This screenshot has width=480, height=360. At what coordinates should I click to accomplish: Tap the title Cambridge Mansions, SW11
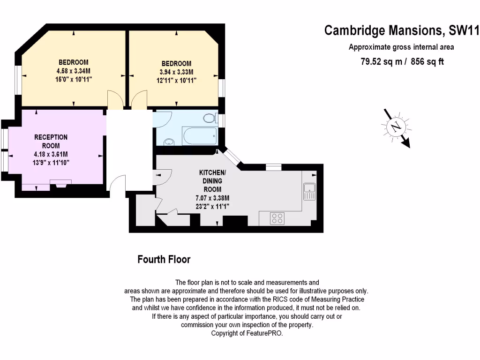click(402, 31)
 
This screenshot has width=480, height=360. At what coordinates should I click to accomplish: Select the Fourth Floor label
click(164, 259)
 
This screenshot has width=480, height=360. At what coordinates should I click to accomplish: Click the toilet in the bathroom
click(209, 119)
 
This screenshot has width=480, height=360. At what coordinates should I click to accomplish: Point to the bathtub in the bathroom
click(200, 136)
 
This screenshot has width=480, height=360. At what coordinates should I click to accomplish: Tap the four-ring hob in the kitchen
click(277, 218)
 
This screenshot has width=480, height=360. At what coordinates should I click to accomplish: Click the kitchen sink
click(309, 191)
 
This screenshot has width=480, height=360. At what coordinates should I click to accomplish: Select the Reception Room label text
click(51, 141)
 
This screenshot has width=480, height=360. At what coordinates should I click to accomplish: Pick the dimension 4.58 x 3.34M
click(73, 71)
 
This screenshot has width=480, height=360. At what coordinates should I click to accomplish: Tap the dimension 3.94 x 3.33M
click(176, 72)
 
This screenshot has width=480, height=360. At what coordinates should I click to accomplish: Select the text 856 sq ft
click(427, 61)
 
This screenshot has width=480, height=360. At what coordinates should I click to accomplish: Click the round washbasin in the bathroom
click(169, 141)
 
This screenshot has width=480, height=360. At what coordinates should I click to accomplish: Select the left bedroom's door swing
click(115, 100)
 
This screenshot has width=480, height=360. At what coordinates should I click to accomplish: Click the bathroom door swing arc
click(163, 119)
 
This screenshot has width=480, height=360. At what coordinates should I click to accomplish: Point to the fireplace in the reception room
click(61, 184)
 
